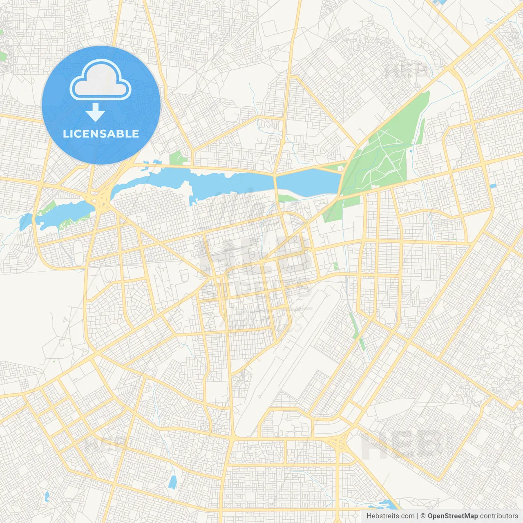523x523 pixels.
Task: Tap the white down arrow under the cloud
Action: click(x=96, y=112)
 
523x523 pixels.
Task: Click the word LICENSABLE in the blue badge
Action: click(x=101, y=134)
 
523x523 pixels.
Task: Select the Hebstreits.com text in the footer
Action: click(x=390, y=516)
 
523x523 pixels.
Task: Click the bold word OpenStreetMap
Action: click(x=452, y=516)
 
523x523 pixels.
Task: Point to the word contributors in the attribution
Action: click(x=498, y=516)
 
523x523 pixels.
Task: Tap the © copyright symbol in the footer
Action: click(x=423, y=516)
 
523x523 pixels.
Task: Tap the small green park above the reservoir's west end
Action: click(x=177, y=158)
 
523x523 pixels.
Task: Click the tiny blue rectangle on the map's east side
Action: click(x=493, y=186)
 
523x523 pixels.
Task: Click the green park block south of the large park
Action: click(x=331, y=212)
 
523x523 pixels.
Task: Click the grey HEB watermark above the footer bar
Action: click(x=400, y=445)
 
